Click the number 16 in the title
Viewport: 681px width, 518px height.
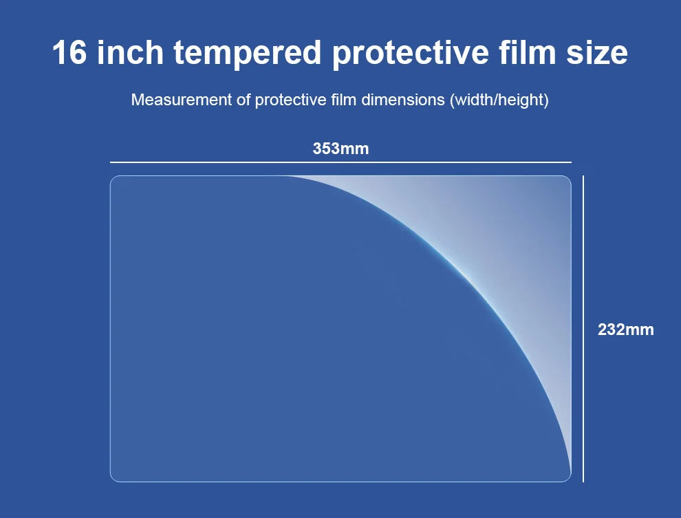(x=69, y=53)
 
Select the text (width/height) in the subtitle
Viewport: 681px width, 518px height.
(x=499, y=100)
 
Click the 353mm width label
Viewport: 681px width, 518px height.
(x=340, y=148)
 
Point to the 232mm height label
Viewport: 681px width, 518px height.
(x=625, y=330)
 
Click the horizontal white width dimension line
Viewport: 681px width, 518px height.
(x=340, y=162)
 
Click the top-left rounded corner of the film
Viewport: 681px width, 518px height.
(x=113, y=180)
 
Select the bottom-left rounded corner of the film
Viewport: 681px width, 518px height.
(x=113, y=478)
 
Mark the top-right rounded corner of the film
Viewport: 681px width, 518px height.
(x=567, y=180)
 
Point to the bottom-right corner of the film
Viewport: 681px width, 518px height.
(x=567, y=477)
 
